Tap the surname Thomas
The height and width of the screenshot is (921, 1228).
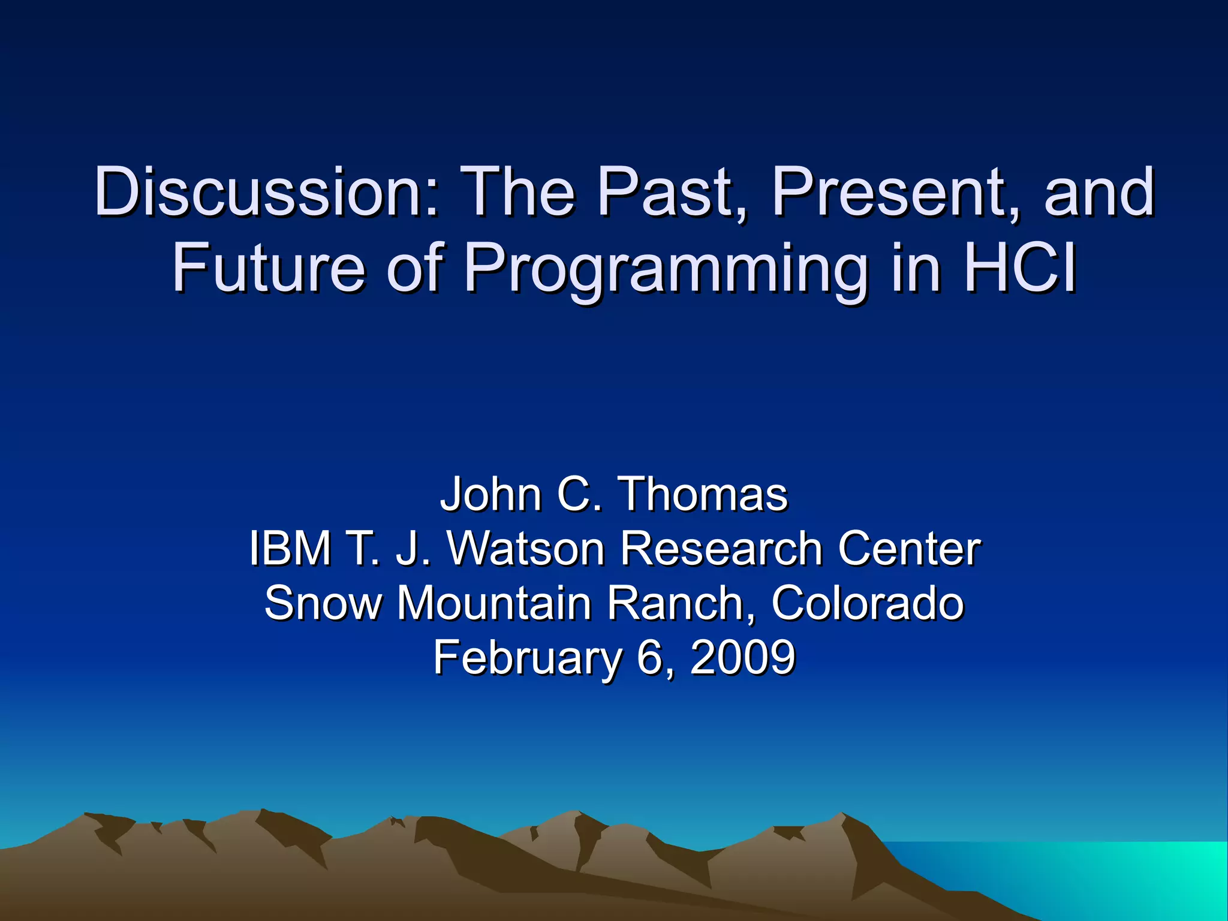tap(703, 494)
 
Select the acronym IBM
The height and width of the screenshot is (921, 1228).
tap(290, 548)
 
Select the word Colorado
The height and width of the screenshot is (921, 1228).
tap(867, 603)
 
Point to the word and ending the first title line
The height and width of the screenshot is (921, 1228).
tap(1098, 193)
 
